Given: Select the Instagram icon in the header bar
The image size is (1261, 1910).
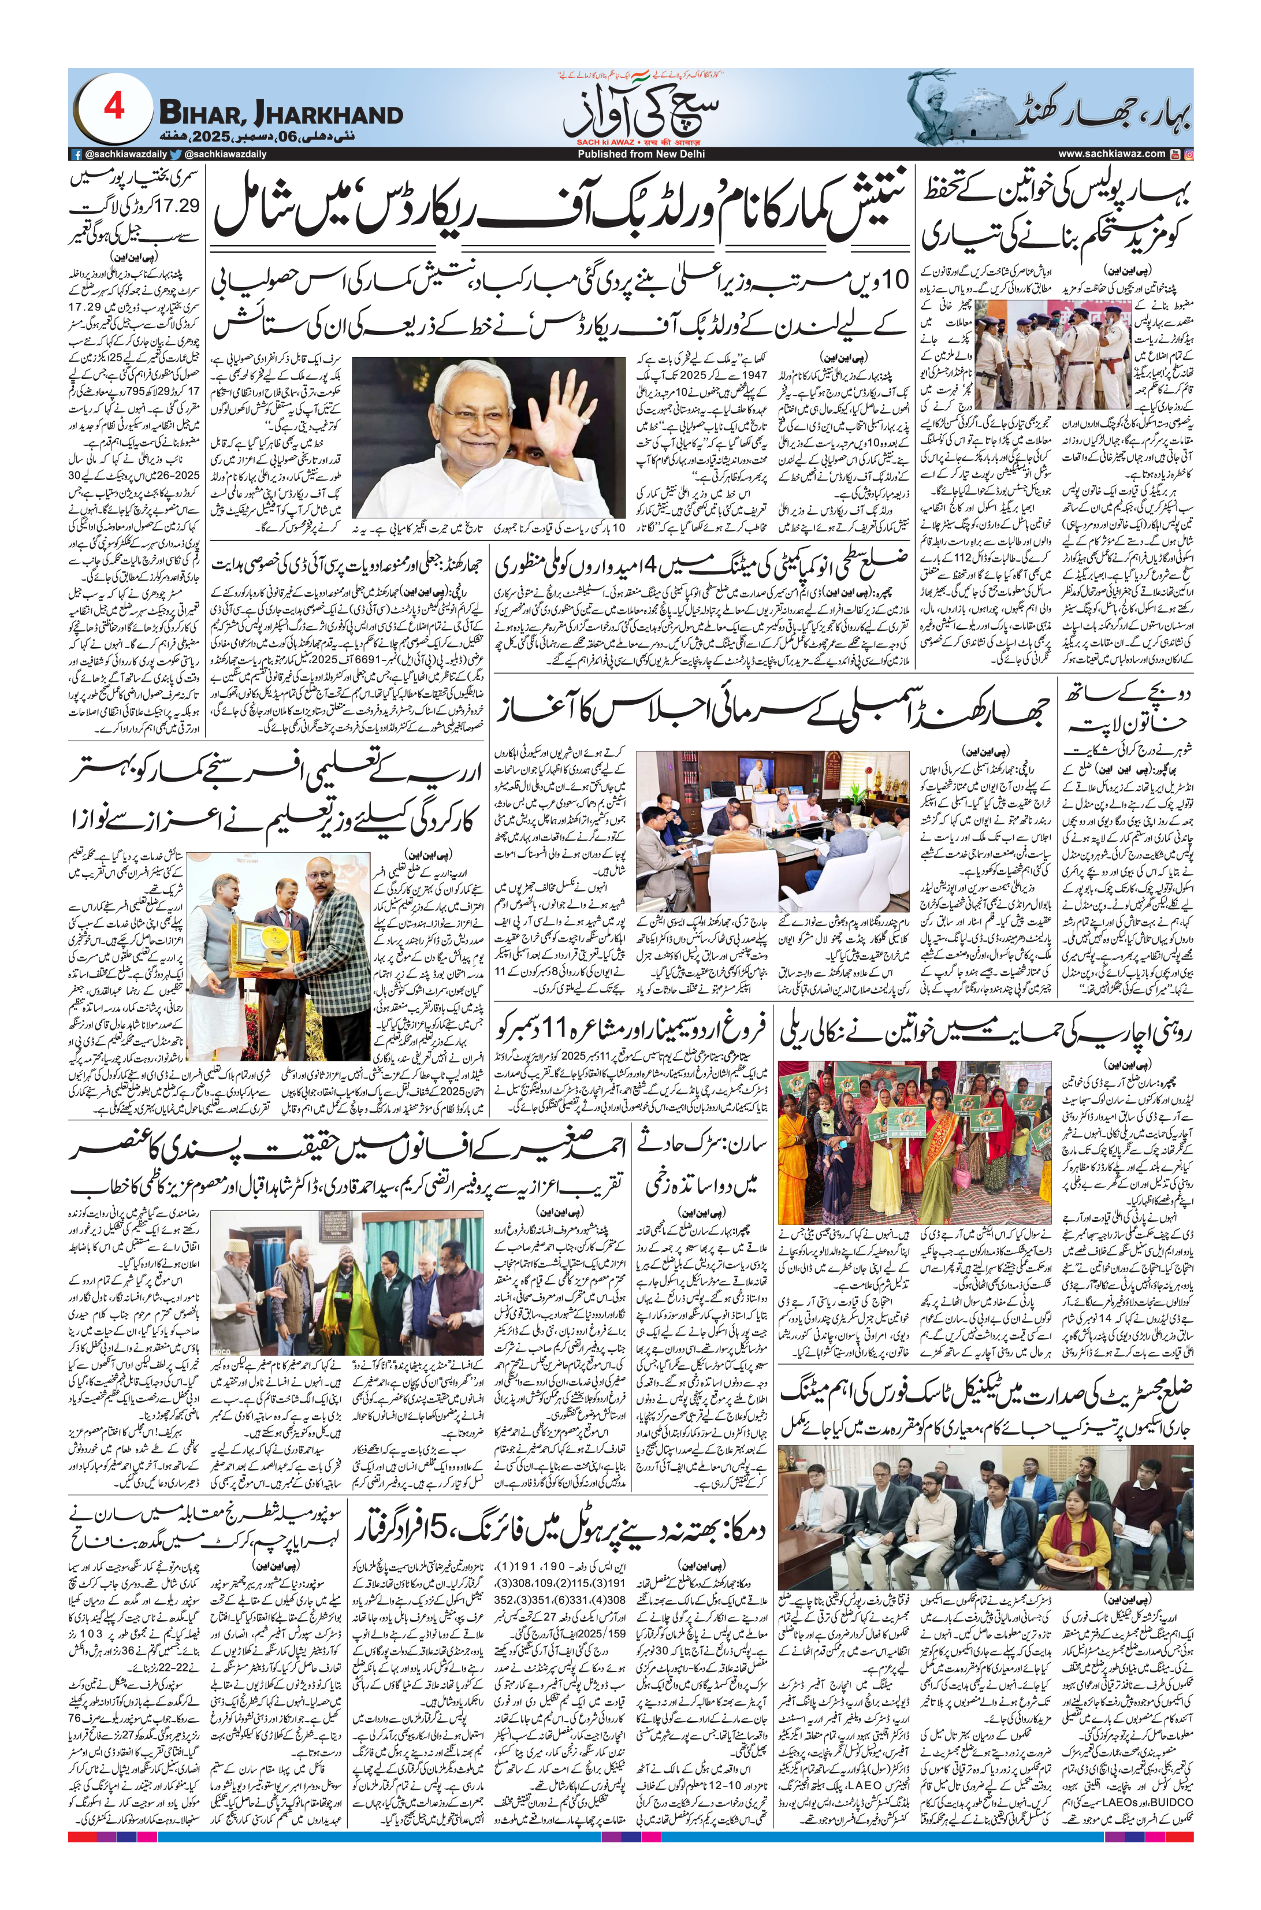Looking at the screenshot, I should tap(1189, 154).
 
